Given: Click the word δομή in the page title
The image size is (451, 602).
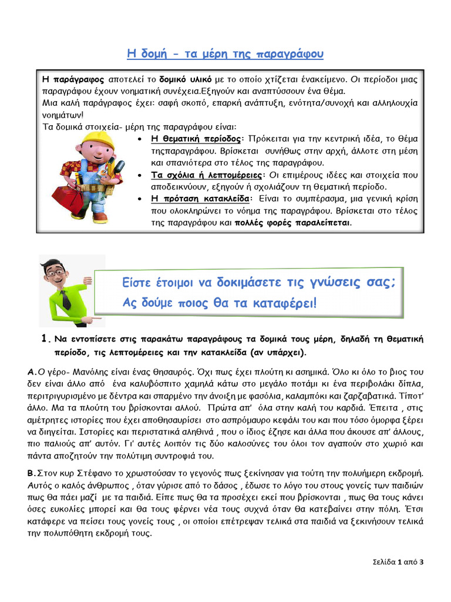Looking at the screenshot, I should (152, 54).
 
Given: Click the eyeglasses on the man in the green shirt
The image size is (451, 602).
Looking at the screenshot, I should (56, 272).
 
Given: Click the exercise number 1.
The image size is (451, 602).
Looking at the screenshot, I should (44, 339).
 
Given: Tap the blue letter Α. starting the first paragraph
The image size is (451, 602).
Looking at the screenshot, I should (32, 372).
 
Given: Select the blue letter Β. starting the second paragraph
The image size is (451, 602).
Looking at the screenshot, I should (32, 473).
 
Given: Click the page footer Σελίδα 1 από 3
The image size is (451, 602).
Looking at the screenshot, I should (398, 561).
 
